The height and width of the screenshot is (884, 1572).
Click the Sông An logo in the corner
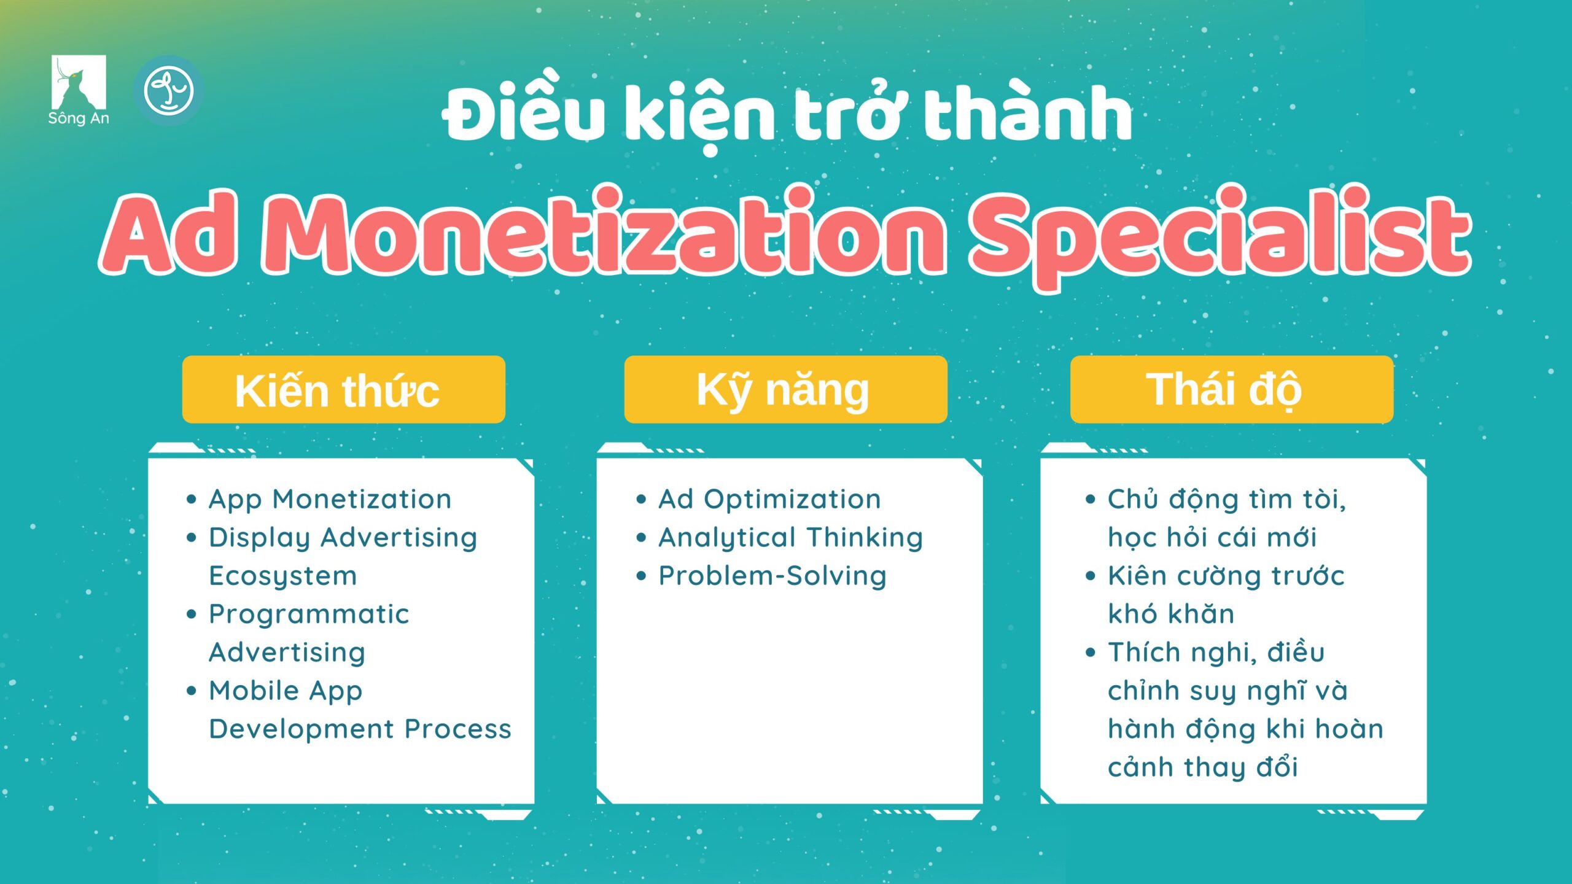pos(79,90)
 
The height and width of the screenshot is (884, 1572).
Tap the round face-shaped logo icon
pos(168,91)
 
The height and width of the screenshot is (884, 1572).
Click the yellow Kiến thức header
pos(344,389)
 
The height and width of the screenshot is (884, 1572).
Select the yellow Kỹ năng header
pos(786,389)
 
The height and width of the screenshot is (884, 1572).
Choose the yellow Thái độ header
pos(1232,389)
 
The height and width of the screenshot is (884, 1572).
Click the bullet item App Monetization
pos(330,499)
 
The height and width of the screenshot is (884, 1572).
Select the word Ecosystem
pos(283,576)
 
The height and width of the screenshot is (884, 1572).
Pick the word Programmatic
pos(309,615)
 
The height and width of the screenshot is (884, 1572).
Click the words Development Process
pos(360,729)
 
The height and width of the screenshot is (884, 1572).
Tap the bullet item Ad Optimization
pos(770,499)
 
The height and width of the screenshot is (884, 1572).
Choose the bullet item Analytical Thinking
pos(791,538)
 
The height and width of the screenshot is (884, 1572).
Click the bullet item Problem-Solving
pos(772,576)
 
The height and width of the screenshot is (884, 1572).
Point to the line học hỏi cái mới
pos(1212,538)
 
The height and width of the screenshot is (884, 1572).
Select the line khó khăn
pos(1171,614)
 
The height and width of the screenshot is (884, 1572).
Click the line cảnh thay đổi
pos(1203,767)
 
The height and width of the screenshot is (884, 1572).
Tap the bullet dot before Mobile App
pos(192,691)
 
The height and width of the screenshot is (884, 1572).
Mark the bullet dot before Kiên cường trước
pos(1091,576)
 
